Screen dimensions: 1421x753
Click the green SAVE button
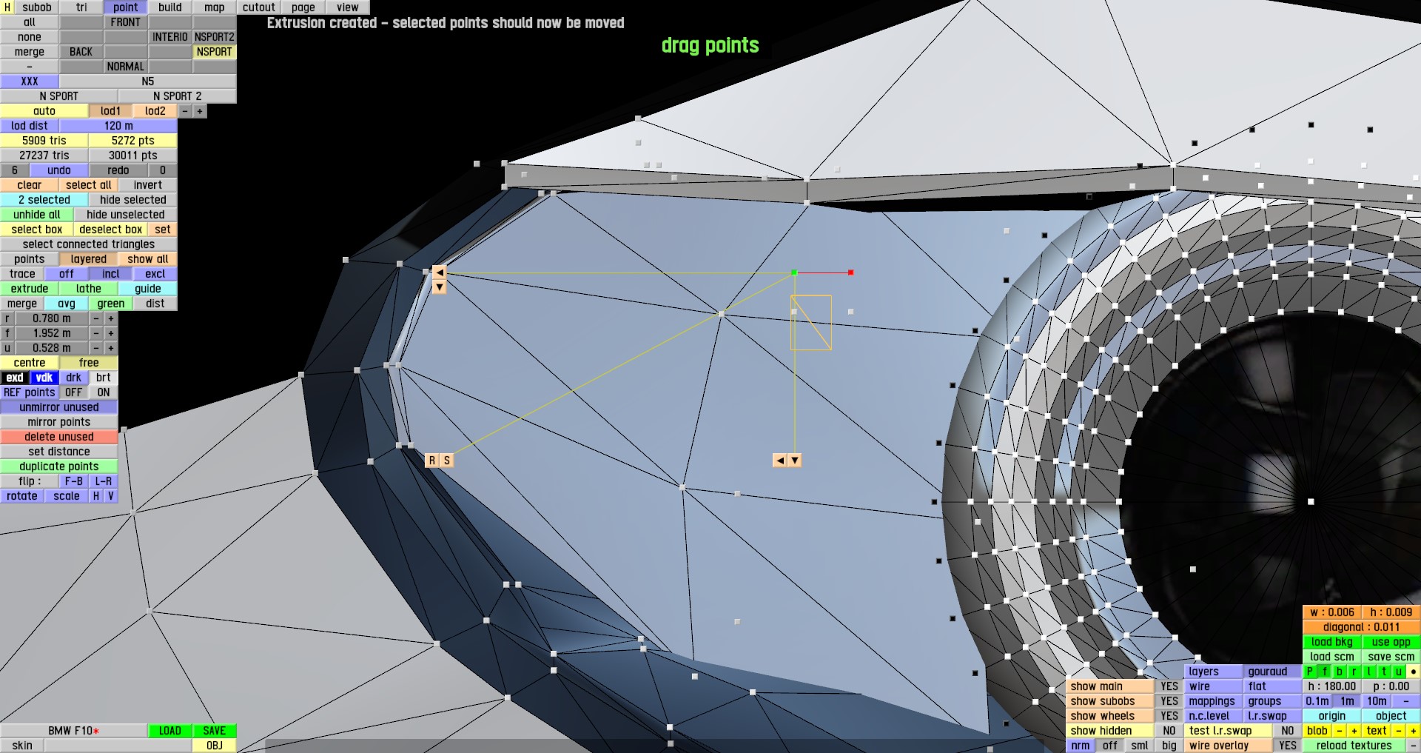[x=214, y=731]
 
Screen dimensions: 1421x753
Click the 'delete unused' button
[x=59, y=437]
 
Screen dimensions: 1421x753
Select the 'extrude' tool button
[x=30, y=289]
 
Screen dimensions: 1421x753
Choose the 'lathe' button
[x=89, y=289]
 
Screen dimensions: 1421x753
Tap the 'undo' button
[x=59, y=170]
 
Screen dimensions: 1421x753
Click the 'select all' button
[x=89, y=185]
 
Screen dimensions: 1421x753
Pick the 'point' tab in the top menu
[x=126, y=7]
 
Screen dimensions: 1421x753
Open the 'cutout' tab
[x=259, y=7]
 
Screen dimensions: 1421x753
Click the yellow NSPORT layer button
[x=215, y=52]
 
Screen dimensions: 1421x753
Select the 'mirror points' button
[x=59, y=422]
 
